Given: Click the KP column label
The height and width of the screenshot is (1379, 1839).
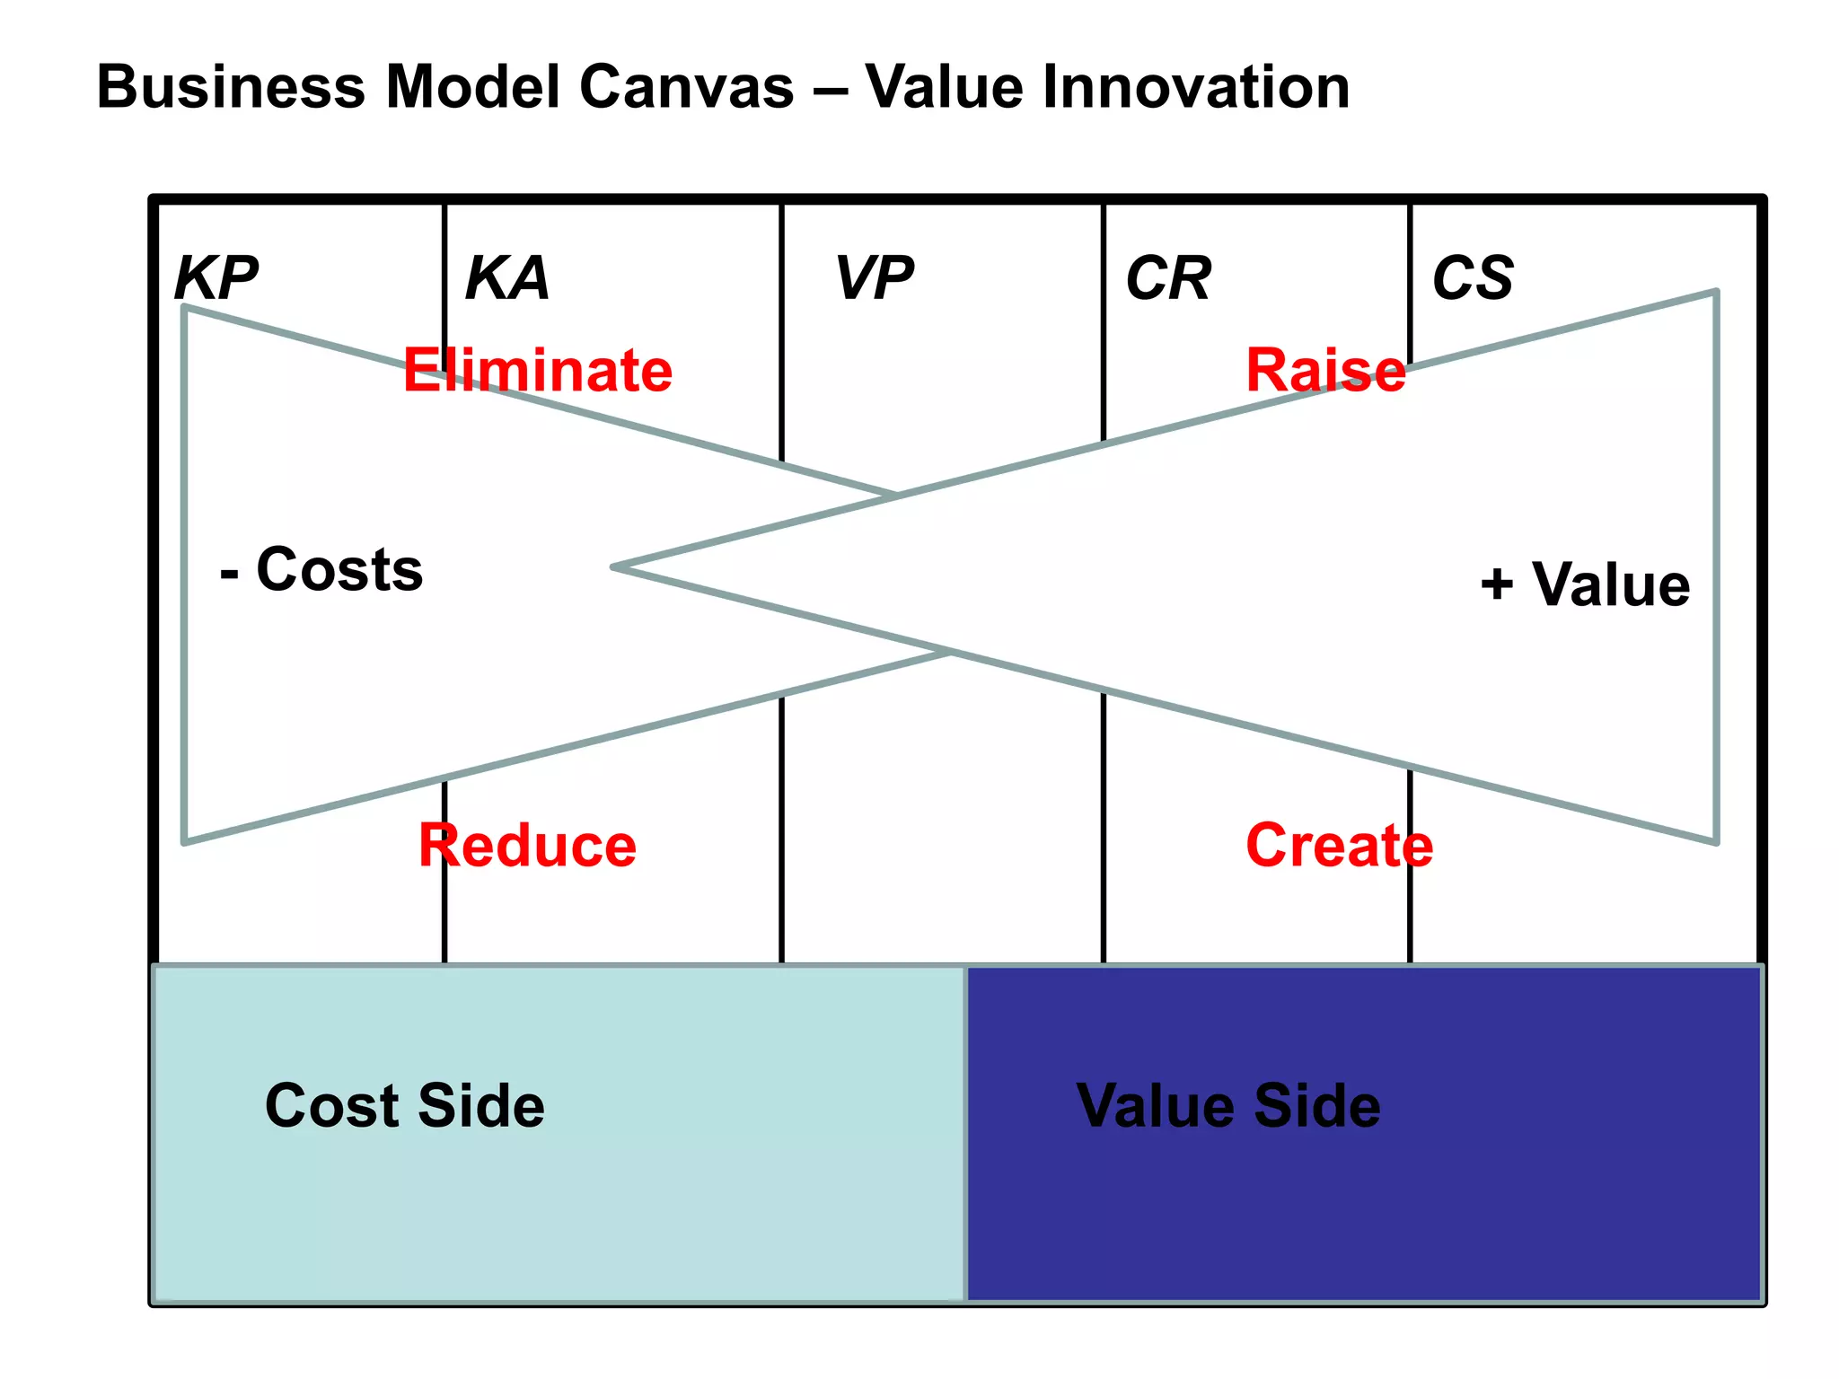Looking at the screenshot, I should (216, 277).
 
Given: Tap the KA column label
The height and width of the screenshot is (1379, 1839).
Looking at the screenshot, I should (507, 277).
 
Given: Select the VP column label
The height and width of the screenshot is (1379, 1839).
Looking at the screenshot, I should (874, 277).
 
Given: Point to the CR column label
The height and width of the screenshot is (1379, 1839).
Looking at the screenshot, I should (1168, 277).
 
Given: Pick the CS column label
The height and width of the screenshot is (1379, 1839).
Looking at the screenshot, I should (1473, 277).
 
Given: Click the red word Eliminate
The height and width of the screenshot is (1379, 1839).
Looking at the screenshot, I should (538, 370).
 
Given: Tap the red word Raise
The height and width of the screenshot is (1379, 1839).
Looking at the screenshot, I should (1325, 370).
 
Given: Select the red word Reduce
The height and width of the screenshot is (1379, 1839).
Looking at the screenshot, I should (528, 846).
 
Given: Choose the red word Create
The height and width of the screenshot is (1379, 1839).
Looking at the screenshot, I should (1339, 846).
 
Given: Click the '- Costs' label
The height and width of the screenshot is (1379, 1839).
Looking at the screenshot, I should (321, 569).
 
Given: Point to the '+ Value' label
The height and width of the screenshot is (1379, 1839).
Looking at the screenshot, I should (1586, 584).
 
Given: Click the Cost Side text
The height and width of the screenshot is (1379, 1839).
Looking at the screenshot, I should (405, 1105).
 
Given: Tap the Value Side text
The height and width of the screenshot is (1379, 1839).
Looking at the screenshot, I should (1228, 1105).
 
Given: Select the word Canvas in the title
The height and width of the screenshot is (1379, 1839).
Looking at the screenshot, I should (686, 87).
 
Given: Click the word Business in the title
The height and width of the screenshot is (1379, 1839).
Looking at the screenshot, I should (231, 87).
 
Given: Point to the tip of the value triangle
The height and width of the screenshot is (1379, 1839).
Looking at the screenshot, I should (614, 567).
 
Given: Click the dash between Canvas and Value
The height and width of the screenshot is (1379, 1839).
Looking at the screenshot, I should (830, 89).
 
